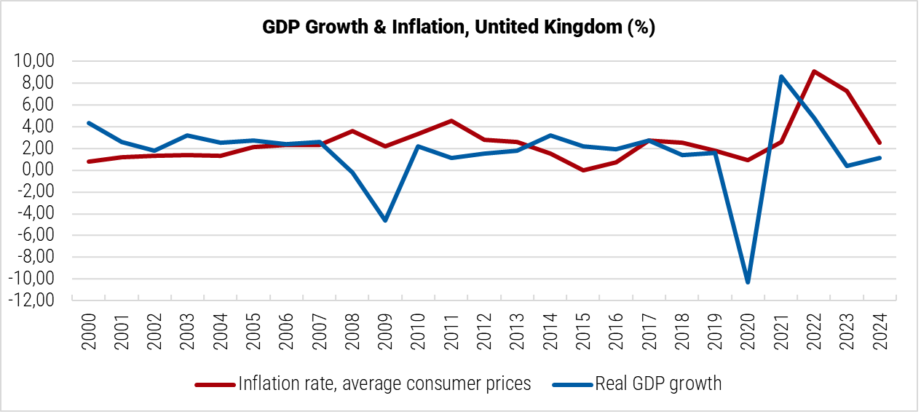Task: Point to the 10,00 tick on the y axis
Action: pos(34,61)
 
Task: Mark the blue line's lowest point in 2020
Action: pos(748,282)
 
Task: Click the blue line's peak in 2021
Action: pos(780,76)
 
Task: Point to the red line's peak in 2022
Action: pos(813,71)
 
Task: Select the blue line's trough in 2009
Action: pos(385,220)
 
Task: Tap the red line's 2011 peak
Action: pos(451,121)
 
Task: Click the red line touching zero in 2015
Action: pos(583,170)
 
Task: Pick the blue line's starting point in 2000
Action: pos(89,123)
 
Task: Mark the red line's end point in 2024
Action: pos(880,143)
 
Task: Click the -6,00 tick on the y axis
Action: pos(36,236)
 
